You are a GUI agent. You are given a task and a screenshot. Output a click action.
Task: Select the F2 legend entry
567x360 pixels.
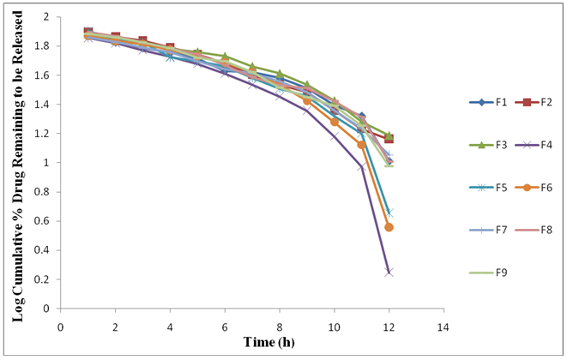click(535, 102)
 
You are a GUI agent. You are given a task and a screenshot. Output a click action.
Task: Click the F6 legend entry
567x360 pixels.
click(535, 188)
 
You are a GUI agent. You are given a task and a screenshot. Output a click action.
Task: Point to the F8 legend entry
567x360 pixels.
click(535, 230)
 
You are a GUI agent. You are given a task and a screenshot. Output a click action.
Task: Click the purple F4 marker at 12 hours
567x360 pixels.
click(389, 272)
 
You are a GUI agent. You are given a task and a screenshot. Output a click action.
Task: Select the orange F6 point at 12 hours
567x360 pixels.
click(389, 227)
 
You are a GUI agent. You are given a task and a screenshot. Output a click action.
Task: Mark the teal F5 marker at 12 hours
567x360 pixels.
click(389, 212)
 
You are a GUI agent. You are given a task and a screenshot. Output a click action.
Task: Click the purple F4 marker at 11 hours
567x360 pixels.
click(362, 167)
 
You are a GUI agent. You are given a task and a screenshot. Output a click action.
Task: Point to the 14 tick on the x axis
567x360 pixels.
click(443, 327)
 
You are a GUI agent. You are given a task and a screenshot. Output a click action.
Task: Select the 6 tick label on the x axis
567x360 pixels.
click(225, 327)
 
